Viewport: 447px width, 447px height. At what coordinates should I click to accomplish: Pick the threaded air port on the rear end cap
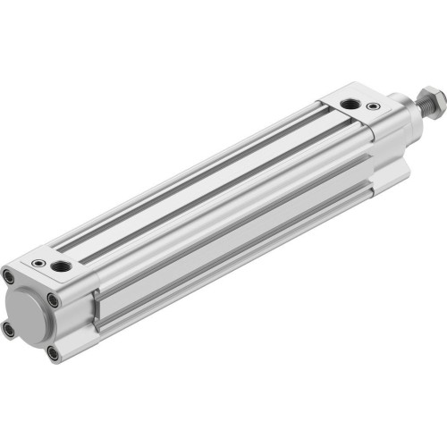pyautogui.click(x=63, y=266)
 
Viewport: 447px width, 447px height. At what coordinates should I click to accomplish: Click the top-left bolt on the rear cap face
pyautogui.click(x=8, y=274)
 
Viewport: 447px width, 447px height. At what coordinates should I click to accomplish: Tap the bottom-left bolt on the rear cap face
pyautogui.click(x=10, y=329)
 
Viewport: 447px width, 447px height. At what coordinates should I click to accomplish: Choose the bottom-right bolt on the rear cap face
pyautogui.click(x=55, y=353)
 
